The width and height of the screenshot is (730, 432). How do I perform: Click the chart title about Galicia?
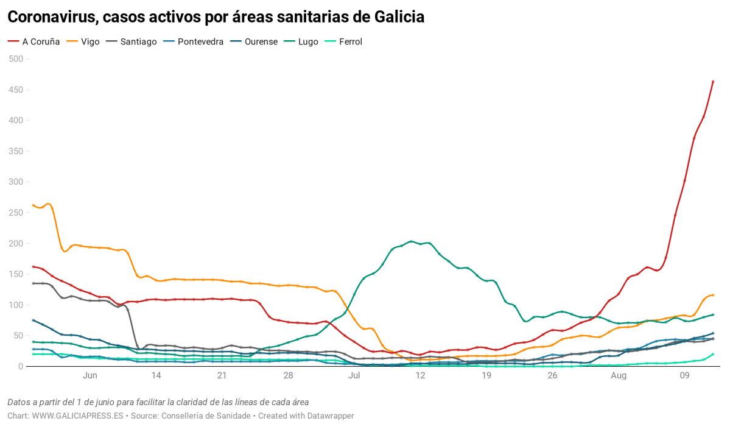point(216,17)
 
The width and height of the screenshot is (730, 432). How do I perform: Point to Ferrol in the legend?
point(350,42)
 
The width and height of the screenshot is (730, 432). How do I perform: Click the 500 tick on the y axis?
point(15,59)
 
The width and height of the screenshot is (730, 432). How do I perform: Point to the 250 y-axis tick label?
point(15,213)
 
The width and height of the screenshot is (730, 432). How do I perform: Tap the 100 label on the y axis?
point(15,305)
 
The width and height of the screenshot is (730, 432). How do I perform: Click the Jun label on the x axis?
point(89,376)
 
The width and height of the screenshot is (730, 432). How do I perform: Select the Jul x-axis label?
point(354,376)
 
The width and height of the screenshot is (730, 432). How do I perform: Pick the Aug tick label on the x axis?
point(619,376)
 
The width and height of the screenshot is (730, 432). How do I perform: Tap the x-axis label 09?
point(684,376)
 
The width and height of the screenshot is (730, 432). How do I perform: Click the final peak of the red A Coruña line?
point(713,81)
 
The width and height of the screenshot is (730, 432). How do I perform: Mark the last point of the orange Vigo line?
point(713,295)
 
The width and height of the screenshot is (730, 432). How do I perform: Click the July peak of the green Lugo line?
point(412,241)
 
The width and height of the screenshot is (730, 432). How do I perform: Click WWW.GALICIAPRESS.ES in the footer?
point(77,416)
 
